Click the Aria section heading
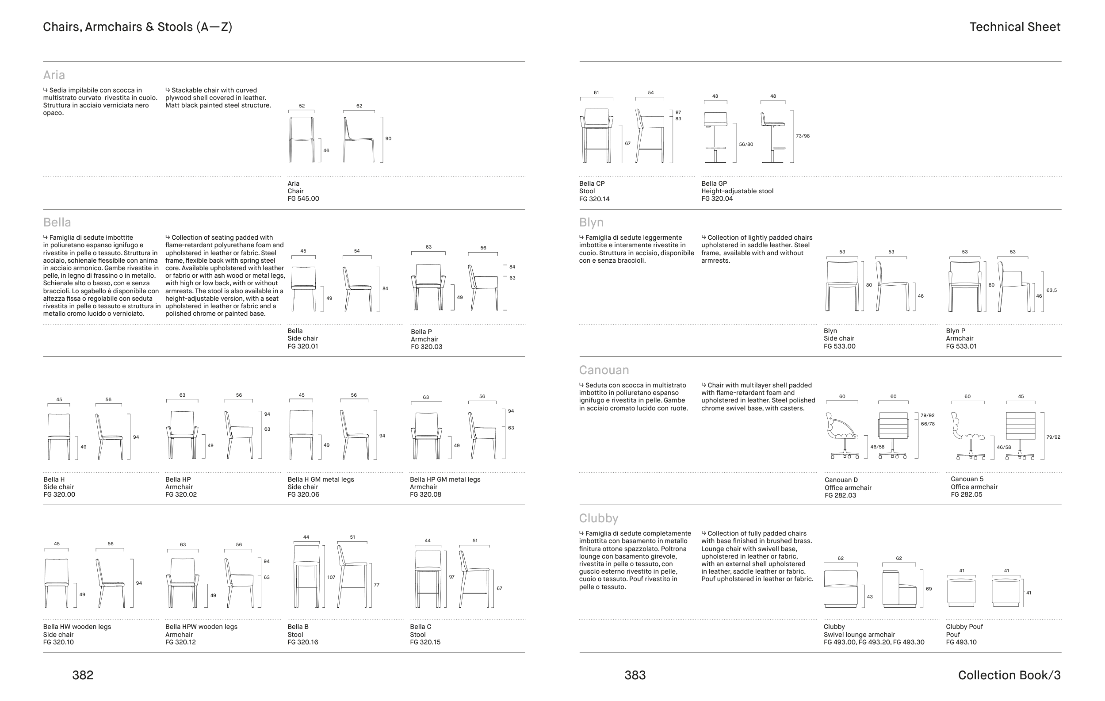pos(54,75)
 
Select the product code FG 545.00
pos(303,199)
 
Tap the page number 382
pos(83,675)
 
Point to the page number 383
pos(635,675)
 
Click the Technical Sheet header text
pos(1015,27)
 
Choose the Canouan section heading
pos(604,370)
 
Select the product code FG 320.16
pos(303,642)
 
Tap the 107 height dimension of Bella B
pos(331,578)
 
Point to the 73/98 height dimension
pos(803,136)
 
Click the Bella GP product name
pos(714,184)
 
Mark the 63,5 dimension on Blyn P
pos(1051,291)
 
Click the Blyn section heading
pos(591,222)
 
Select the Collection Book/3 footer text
pos(1009,675)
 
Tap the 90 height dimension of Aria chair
pos(388,138)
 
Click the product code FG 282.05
pos(967,494)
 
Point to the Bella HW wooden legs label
pos(77,627)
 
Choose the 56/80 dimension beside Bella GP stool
pos(746,145)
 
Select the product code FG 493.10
pos(961,642)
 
